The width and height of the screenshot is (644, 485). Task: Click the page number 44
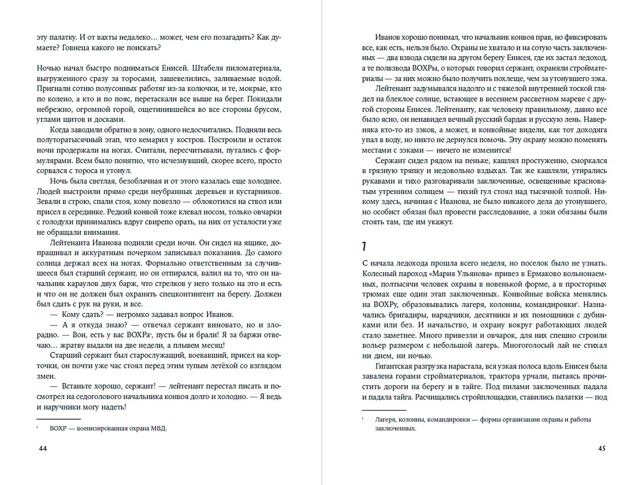click(x=43, y=448)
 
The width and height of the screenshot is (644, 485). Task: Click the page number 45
click(x=602, y=448)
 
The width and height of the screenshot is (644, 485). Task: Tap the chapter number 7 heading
click(x=364, y=247)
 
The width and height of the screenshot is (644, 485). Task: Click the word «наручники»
click(x=67, y=406)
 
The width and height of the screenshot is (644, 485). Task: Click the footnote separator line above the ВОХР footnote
click(x=58, y=419)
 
